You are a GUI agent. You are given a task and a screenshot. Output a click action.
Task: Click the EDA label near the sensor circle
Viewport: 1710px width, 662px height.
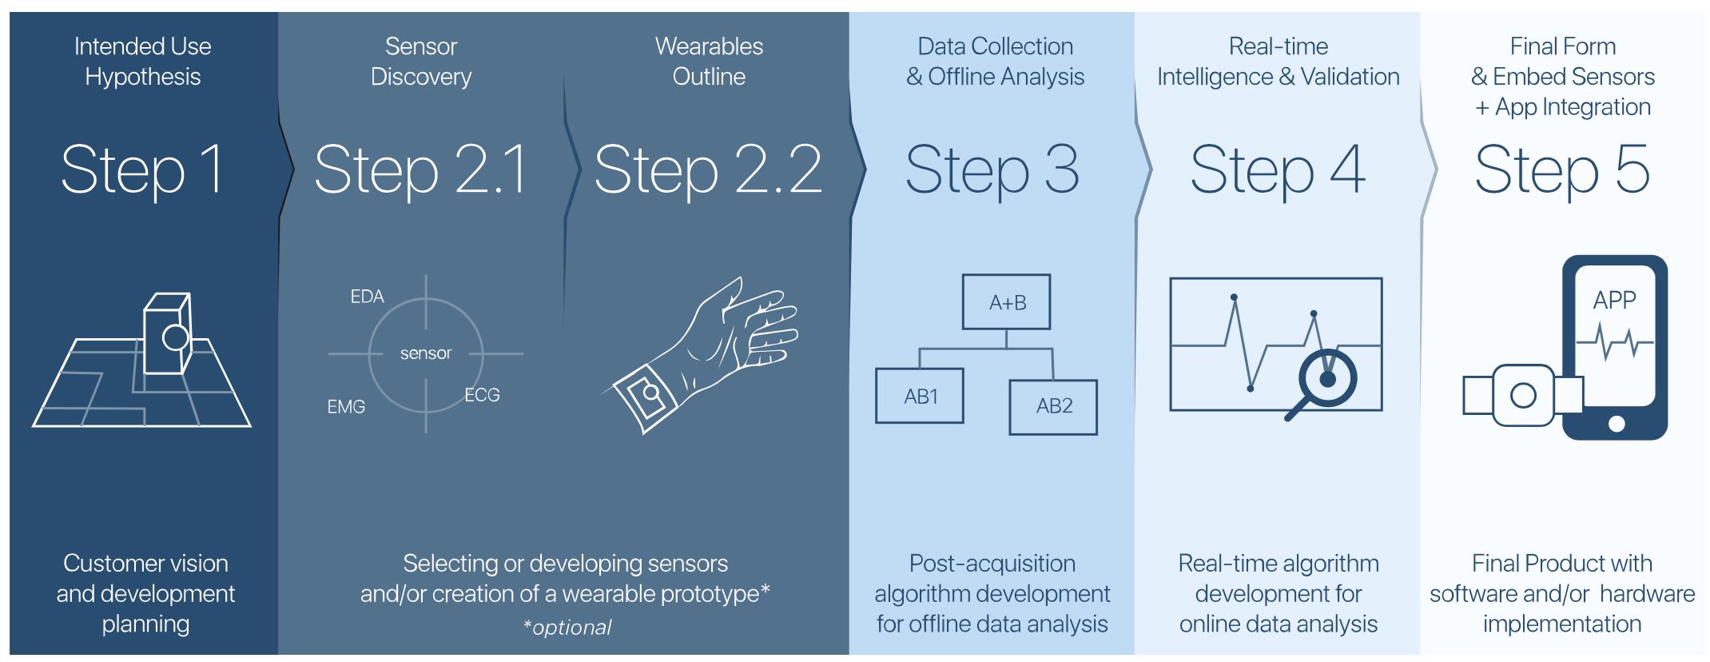point(367,297)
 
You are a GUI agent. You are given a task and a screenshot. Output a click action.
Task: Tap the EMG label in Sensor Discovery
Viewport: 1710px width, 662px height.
point(346,407)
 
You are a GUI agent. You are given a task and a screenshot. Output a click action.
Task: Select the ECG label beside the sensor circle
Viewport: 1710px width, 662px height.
point(482,395)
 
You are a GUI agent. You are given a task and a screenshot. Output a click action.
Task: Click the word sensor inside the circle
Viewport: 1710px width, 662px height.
point(426,353)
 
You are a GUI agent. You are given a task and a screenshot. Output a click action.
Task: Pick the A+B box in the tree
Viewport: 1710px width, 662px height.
point(1007,302)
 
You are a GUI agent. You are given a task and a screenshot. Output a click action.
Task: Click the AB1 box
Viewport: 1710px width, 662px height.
point(920,396)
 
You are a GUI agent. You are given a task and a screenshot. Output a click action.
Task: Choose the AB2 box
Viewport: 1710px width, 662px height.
point(1053,406)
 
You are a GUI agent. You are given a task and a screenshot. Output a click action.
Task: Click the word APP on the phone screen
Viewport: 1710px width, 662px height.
point(1614,300)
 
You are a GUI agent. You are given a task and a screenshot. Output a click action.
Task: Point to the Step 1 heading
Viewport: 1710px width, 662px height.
point(142,169)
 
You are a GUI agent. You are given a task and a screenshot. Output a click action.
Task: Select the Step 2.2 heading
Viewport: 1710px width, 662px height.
point(708,169)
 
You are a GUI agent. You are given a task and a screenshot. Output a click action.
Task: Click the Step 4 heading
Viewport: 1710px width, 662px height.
point(1278,169)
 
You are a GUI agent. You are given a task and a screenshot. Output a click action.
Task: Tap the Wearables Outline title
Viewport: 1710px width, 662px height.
point(709,62)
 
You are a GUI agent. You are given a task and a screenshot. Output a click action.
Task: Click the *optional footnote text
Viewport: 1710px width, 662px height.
point(567,628)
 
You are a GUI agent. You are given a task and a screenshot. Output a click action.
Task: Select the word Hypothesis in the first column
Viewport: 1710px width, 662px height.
point(142,77)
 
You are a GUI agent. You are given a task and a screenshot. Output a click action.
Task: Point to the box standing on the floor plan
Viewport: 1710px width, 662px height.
point(166,333)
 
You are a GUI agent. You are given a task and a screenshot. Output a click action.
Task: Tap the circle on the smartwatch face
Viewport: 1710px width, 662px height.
point(1523,396)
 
